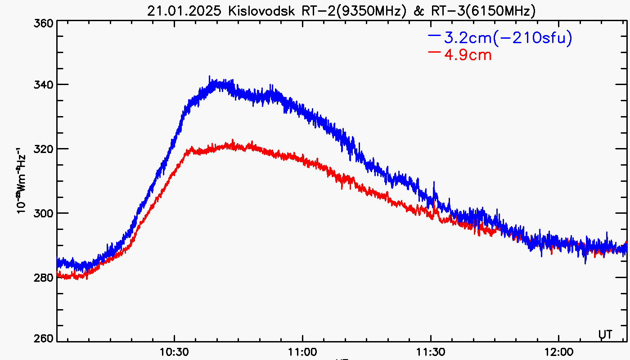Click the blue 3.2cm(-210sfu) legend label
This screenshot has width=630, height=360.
coord(508,38)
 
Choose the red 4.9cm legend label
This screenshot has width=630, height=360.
coord(468,55)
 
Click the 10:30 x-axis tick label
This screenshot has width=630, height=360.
coord(174,351)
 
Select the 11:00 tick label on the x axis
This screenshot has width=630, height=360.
coord(302,351)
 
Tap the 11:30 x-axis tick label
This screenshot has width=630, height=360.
coord(431,351)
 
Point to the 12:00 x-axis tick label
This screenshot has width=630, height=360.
coord(558,351)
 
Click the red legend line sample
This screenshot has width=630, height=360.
coord(434,52)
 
